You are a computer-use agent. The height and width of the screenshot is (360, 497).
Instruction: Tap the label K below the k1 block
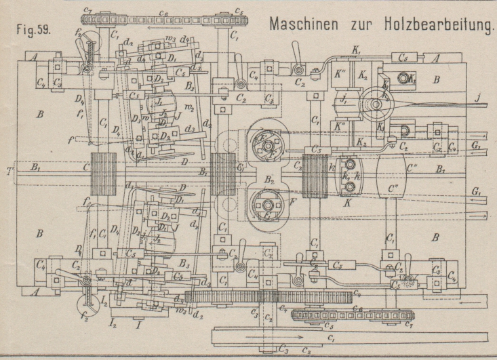click(348, 201)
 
